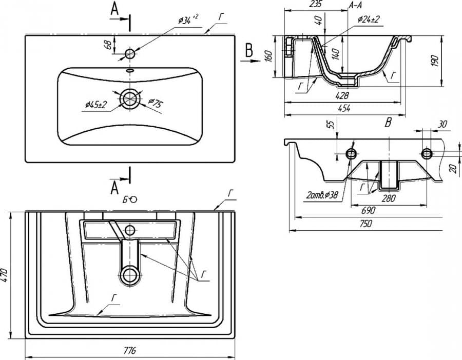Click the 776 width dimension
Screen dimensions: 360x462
[130, 351]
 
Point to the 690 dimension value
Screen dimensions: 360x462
[368, 210]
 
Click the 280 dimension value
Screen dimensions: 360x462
[389, 198]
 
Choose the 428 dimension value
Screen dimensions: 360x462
[342, 95]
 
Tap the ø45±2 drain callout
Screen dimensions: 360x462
[96, 105]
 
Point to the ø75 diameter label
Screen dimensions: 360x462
[155, 103]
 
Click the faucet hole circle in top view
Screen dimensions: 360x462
[130, 53]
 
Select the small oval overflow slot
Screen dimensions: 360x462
[130, 70]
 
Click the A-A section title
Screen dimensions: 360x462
[356, 5]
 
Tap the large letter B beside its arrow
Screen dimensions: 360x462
[249, 50]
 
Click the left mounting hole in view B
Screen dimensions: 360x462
[352, 153]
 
